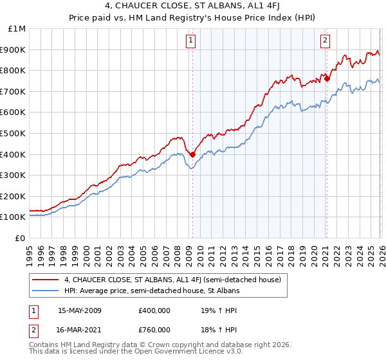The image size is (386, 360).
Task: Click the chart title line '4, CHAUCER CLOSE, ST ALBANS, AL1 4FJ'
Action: pos(193,7)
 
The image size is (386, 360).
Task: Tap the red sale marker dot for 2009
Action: pos(192,154)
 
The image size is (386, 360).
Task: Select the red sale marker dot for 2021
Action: pos(327,78)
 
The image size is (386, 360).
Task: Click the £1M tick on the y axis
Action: pos(17,28)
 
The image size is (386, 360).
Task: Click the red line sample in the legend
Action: pos(45,280)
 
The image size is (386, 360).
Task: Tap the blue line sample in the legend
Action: pos(45,291)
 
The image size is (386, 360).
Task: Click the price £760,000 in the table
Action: pos(154,330)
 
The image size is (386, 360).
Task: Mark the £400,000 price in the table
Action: pos(154,310)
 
